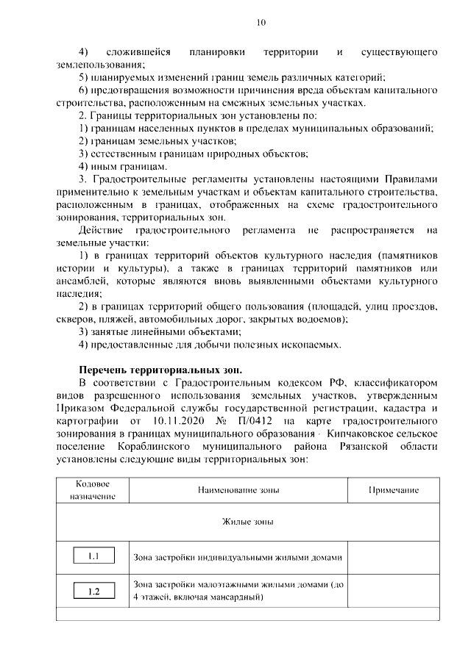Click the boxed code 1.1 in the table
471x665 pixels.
tap(93, 556)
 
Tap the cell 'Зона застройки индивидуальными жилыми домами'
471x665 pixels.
tap(238, 557)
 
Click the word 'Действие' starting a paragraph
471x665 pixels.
tap(99, 231)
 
